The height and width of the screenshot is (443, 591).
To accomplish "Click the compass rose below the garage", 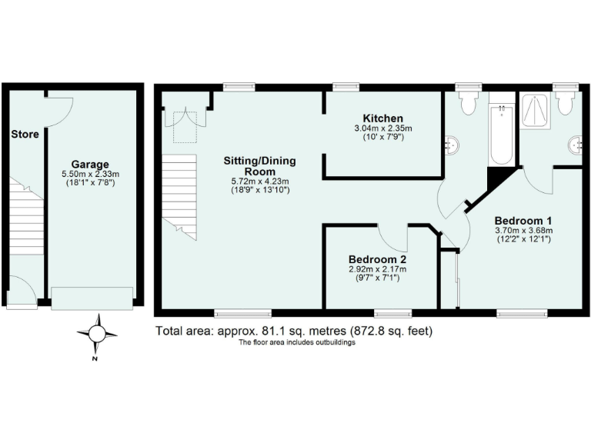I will coord(97,334).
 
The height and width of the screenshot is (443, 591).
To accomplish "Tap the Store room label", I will coord(25,135).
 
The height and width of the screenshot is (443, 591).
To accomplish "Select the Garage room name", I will coord(90,164).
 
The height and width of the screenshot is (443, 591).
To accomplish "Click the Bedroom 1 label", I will coord(523,218).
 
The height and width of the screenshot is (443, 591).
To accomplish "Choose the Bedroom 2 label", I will coord(377,258).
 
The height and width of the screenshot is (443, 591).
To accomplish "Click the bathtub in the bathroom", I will coord(501,136).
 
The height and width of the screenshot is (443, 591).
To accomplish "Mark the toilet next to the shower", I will coord(567,104).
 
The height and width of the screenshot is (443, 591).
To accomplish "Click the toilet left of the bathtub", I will coord(467,103).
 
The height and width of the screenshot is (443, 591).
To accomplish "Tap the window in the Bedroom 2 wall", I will coord(392,313).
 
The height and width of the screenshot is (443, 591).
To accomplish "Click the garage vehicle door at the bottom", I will coord(92,298).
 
